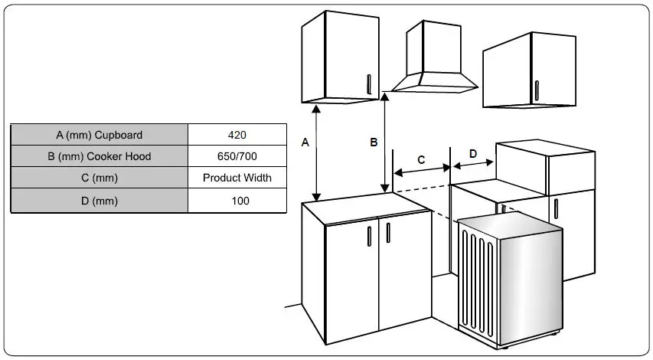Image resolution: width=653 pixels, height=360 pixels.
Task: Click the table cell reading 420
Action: click(x=237, y=135)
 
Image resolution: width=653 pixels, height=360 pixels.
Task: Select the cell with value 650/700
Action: click(x=237, y=156)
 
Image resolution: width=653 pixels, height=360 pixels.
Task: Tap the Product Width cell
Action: click(x=237, y=178)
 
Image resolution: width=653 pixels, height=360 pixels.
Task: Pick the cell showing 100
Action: click(x=237, y=201)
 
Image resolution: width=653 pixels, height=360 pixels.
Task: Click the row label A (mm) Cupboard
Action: click(x=99, y=135)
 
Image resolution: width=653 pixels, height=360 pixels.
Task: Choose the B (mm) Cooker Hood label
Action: click(x=99, y=156)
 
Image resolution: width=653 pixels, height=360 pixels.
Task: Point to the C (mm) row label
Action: click(x=99, y=178)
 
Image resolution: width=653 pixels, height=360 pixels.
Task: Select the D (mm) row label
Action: click(x=99, y=201)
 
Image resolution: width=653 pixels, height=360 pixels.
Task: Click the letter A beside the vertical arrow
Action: click(x=305, y=142)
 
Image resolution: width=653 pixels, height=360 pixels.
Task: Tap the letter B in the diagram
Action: click(x=374, y=142)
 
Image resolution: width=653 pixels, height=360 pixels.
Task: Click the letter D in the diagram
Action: click(x=472, y=154)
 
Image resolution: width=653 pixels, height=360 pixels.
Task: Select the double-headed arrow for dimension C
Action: click(x=422, y=170)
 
